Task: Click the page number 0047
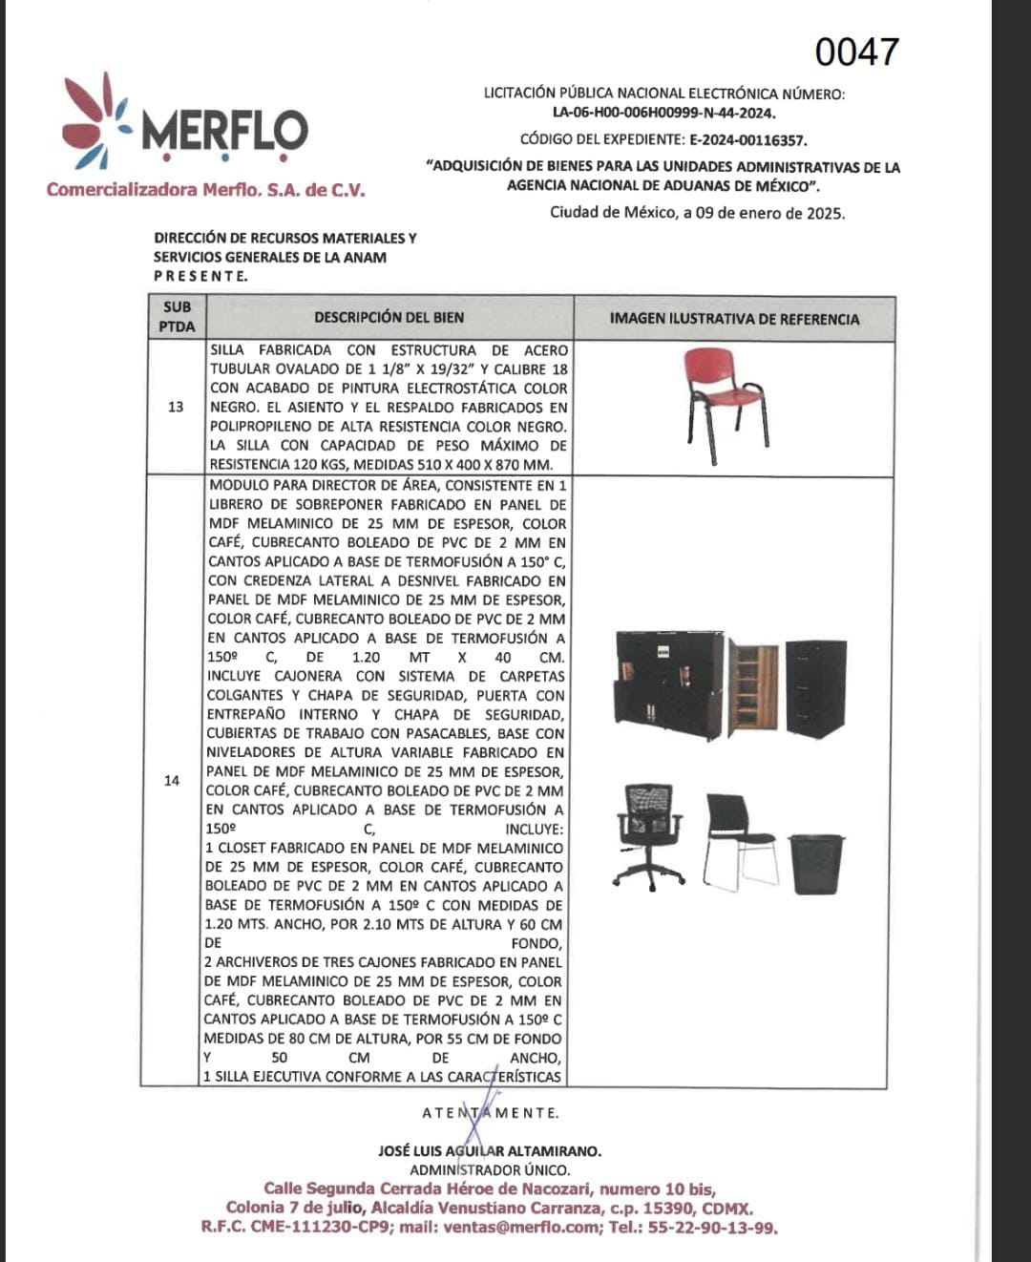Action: pos(856,53)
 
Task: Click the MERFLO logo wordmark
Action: pos(225,132)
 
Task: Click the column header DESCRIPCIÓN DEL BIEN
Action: pos(389,317)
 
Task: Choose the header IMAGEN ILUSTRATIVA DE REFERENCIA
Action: pos(734,319)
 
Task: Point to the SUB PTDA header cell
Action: pos(178,317)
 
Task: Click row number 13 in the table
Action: pos(176,407)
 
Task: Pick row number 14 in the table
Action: pos(172,780)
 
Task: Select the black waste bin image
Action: pos(816,863)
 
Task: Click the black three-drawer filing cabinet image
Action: pos(816,687)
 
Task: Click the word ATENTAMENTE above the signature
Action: pos(490,1113)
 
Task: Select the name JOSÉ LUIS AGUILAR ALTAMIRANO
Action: pos(490,1151)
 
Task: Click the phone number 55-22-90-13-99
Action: pos(712,1228)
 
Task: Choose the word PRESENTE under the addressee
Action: pos(200,276)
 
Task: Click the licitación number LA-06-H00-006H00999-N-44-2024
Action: pos(663,113)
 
